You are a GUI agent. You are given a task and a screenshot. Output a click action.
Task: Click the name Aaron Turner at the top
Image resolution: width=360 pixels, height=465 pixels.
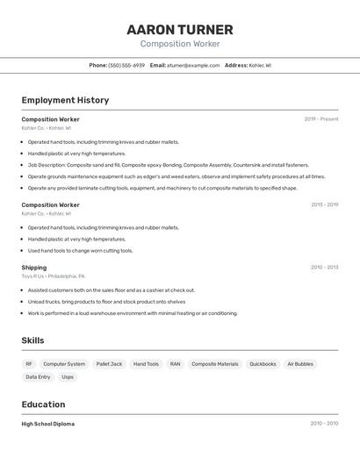pyautogui.click(x=180, y=29)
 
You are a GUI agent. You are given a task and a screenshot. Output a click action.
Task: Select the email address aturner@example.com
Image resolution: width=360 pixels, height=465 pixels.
pyautogui.click(x=193, y=65)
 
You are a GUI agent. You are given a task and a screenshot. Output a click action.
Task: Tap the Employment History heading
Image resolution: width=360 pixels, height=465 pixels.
pyautogui.click(x=65, y=100)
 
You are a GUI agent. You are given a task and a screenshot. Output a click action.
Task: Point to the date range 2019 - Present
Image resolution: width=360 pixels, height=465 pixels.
pyautogui.click(x=321, y=119)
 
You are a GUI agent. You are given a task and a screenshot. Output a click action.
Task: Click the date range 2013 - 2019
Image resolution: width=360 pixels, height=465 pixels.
pyautogui.click(x=324, y=205)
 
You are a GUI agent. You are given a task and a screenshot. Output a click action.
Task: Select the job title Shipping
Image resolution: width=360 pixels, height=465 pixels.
pyautogui.click(x=34, y=268)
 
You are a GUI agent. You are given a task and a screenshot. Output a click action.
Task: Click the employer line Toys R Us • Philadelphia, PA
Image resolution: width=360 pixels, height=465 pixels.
pyautogui.click(x=54, y=276)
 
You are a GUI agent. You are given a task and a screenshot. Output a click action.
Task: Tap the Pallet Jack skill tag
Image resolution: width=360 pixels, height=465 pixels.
pyautogui.click(x=109, y=364)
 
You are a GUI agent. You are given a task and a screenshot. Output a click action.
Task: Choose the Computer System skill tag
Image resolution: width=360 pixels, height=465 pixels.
pyautogui.click(x=64, y=364)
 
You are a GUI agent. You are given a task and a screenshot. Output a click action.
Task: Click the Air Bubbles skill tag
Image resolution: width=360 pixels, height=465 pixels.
pyautogui.click(x=299, y=364)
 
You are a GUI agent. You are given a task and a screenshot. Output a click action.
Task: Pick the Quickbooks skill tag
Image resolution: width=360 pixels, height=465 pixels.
pyautogui.click(x=263, y=364)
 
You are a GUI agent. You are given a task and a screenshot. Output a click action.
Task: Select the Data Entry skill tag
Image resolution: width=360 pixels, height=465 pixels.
pyautogui.click(x=38, y=377)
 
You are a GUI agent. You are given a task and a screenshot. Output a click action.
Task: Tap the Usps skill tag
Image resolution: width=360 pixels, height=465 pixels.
pyautogui.click(x=68, y=377)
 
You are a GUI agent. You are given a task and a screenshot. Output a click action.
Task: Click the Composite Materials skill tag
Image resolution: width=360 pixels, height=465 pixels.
pyautogui.click(x=214, y=364)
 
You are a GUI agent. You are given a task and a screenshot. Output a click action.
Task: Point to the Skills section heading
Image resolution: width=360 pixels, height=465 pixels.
pyautogui.click(x=32, y=340)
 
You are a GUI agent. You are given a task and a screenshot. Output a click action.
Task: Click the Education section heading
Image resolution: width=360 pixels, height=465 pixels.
pyautogui.click(x=43, y=404)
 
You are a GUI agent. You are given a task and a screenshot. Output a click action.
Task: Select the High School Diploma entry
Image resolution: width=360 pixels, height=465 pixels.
pyautogui.click(x=47, y=424)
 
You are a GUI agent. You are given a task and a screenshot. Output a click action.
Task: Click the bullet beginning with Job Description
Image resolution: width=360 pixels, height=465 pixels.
pyautogui.click(x=168, y=165)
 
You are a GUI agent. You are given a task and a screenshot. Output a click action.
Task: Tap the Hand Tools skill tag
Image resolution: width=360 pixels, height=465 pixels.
pyautogui.click(x=146, y=364)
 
